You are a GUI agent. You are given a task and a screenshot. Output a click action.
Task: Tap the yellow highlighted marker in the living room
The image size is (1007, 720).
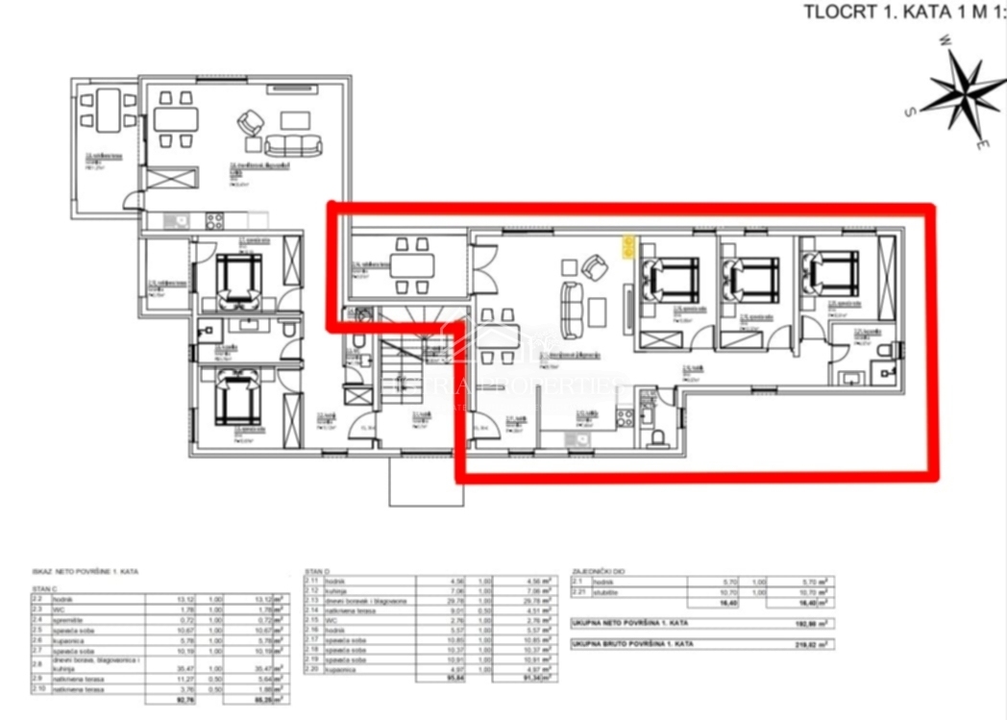point(628,249)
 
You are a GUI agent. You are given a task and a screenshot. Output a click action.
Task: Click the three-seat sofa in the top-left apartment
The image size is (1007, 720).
point(293,145)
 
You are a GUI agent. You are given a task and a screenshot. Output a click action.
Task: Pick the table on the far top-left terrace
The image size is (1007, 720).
point(107,109)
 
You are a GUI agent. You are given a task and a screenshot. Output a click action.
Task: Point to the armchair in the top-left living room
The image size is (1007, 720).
point(251,123)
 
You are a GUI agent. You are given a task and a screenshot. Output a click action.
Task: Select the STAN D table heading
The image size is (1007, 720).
point(318,571)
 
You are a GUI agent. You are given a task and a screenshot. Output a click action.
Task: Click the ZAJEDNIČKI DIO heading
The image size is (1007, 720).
point(598,571)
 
